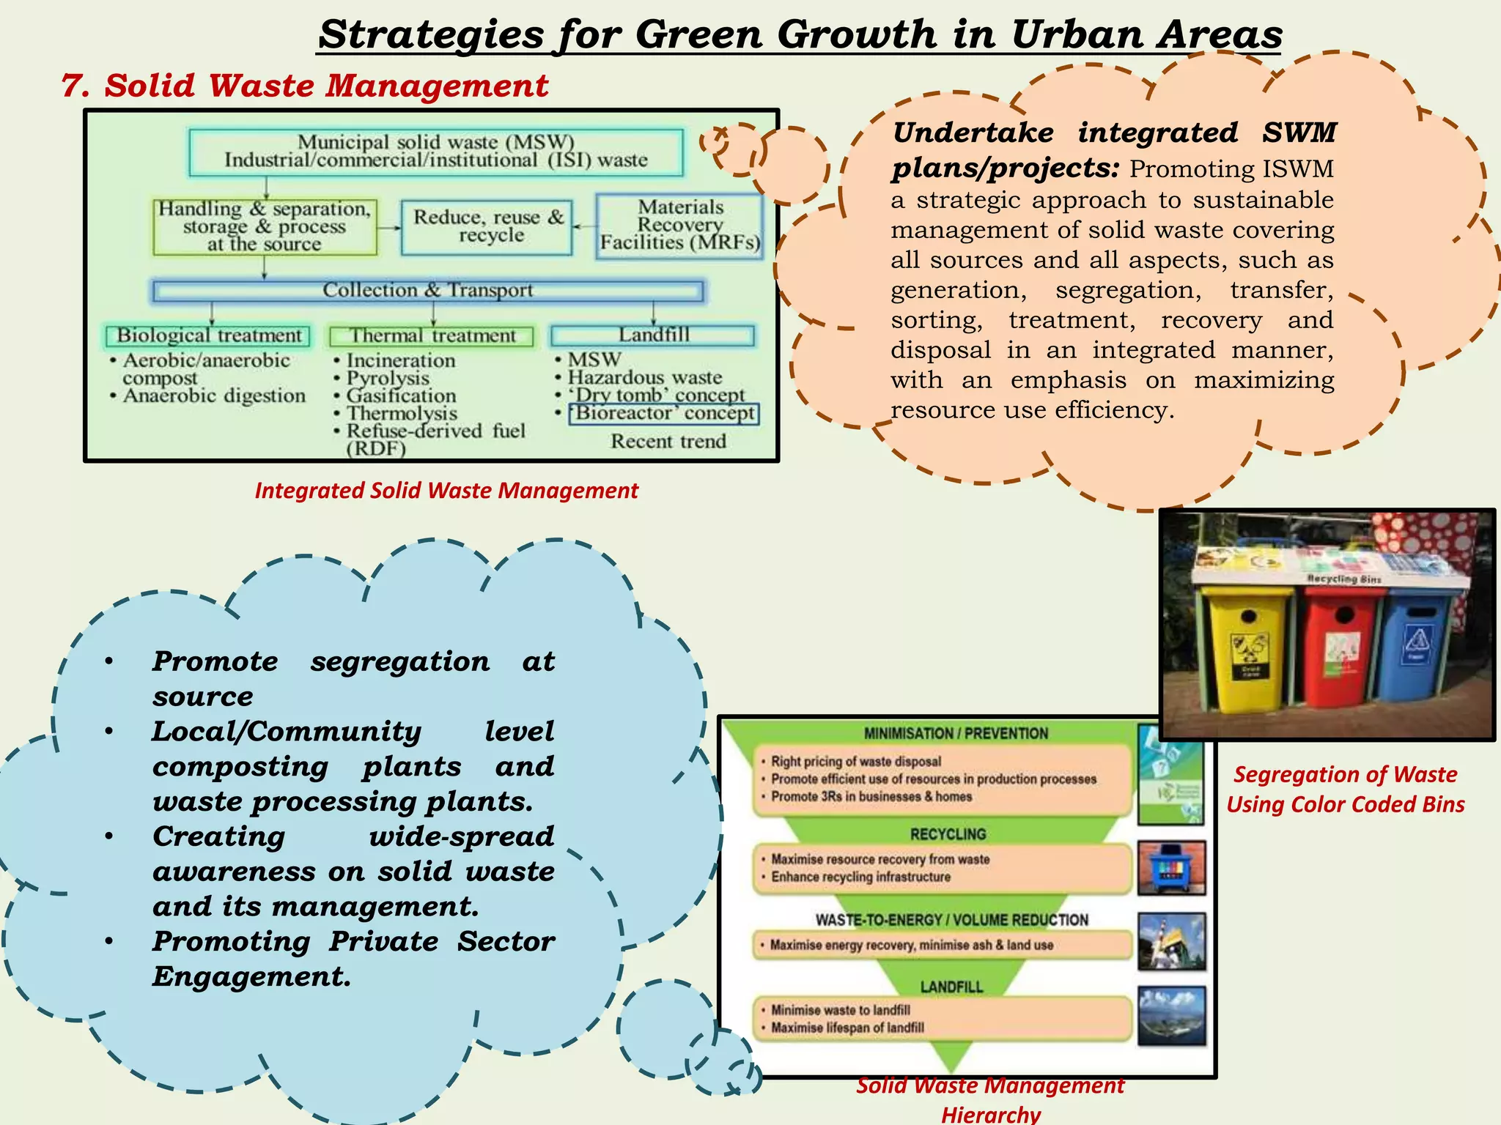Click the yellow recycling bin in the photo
pyautogui.click(x=1246, y=652)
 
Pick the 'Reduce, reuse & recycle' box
pyautogui.click(x=487, y=227)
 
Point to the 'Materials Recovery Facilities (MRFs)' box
pyautogui.click(x=680, y=226)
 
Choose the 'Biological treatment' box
pyautogui.click(x=208, y=335)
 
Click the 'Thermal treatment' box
pyautogui.click(x=432, y=336)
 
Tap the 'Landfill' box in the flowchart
pyautogui.click(x=653, y=335)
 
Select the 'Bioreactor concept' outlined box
pyautogui.click(x=664, y=414)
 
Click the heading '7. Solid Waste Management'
pyautogui.click(x=305, y=86)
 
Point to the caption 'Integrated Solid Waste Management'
pyautogui.click(x=446, y=491)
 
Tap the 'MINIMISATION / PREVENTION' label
pyautogui.click(x=956, y=733)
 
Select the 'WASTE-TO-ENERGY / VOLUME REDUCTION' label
pyautogui.click(x=951, y=920)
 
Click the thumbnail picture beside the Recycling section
pyautogui.click(x=1171, y=869)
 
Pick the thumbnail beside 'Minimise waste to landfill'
pyautogui.click(x=1171, y=1016)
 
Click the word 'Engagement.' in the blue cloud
pyautogui.click(x=251, y=977)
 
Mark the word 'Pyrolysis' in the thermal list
pyautogui.click(x=388, y=378)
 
